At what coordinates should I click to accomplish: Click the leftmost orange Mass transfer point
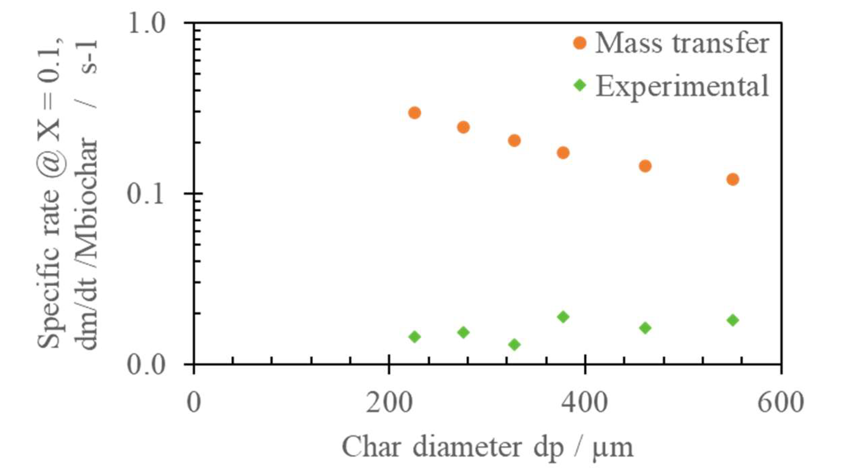point(415,112)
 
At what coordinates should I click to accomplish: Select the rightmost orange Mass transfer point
point(732,179)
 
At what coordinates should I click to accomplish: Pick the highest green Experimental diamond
point(563,317)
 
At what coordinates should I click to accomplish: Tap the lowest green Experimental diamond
point(514,345)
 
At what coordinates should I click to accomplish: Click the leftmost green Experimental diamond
point(415,336)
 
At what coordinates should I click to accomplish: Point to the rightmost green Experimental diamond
point(732,320)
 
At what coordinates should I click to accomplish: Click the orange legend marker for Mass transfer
point(580,43)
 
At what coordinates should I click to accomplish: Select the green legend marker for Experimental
point(580,85)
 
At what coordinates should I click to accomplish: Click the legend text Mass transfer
point(681,43)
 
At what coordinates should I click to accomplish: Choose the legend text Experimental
point(681,86)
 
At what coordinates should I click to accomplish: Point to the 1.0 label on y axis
point(146,24)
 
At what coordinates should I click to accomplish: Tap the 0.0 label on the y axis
point(146,365)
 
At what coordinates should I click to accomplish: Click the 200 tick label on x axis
point(389,403)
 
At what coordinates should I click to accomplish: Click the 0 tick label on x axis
point(194,403)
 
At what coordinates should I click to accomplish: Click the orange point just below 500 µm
point(645,166)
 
